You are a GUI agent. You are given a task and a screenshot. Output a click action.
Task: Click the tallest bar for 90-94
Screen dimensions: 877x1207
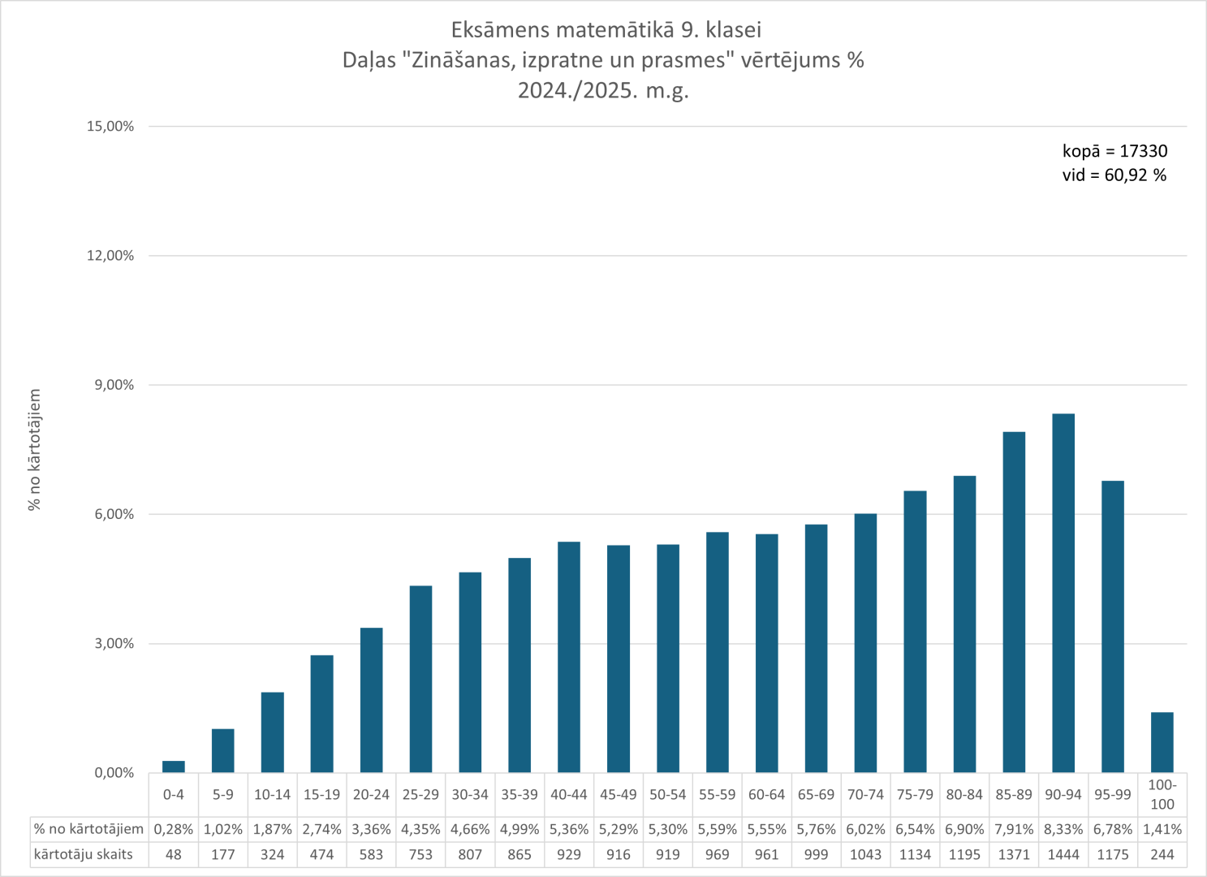tap(1063, 593)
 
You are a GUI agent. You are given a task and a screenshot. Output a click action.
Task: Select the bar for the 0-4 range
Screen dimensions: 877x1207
tap(174, 767)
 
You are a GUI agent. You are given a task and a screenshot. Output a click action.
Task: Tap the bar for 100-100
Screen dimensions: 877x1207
tap(1162, 742)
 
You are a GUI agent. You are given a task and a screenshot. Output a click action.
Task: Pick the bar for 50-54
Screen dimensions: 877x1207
tap(668, 658)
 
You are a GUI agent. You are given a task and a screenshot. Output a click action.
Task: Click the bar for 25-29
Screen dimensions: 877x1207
tap(420, 679)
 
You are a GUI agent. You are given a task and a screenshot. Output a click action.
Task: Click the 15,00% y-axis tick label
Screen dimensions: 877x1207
tap(110, 127)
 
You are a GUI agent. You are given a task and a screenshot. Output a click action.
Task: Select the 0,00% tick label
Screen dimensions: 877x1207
tap(114, 773)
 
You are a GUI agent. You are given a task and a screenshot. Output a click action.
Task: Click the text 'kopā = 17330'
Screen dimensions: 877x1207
tap(1114, 151)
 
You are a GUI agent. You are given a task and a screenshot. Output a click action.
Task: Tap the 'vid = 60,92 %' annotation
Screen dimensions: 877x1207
tap(1114, 175)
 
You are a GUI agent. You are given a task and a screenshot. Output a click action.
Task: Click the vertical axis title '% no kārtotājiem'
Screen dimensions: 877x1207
tap(34, 449)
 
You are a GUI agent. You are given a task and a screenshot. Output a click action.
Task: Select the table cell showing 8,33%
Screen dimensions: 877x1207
tap(1063, 829)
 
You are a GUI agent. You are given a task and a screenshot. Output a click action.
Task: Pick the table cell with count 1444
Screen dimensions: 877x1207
tap(1063, 854)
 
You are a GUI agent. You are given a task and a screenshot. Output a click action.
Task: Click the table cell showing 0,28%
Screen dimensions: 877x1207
tap(174, 829)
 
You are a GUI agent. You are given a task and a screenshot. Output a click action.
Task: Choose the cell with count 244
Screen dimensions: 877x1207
tap(1162, 854)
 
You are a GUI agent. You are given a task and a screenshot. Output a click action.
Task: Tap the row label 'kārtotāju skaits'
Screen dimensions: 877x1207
tap(84, 854)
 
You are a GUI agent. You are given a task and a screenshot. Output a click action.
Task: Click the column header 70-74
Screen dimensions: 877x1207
tap(865, 795)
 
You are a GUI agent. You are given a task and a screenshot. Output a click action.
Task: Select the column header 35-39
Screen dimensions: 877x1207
tap(519, 795)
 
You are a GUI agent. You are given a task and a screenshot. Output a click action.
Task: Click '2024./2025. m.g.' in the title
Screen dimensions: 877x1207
tap(603, 90)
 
